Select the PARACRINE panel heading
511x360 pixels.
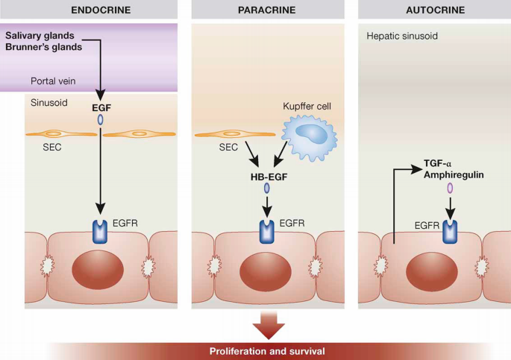coord(267,10)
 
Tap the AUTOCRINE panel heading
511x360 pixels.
coord(435,10)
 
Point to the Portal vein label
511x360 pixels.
coord(53,80)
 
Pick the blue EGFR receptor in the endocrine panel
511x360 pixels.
coord(100,232)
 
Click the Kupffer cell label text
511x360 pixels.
coord(306,107)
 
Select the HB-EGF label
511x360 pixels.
coord(268,178)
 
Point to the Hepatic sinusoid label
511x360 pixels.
coord(401,36)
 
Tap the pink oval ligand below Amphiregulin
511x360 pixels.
coord(450,189)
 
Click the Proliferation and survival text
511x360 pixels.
coord(267,351)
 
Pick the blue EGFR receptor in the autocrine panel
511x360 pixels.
coord(450,232)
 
